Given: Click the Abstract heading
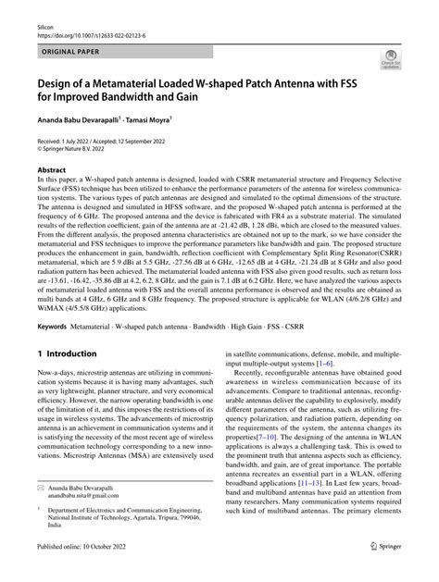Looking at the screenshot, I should point(52,172).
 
